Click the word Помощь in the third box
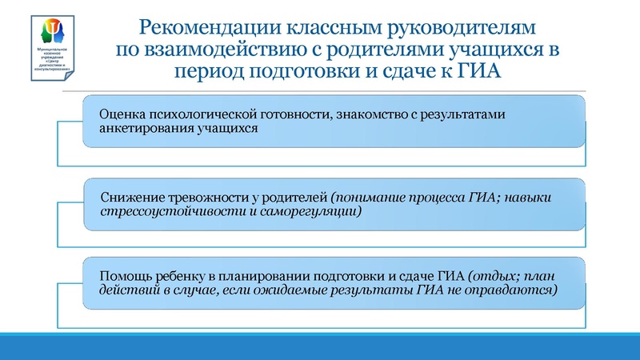tap(122, 274)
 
